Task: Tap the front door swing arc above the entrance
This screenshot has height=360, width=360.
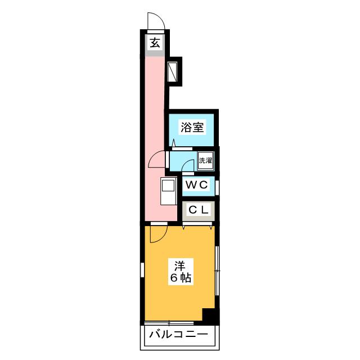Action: point(155,20)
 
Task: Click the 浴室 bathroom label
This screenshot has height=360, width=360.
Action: point(192,127)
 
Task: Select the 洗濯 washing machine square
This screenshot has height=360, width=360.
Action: point(206,160)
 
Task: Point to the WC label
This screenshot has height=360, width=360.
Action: point(197,184)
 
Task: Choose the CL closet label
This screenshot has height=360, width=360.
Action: point(199,210)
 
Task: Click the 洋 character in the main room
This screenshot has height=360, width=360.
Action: point(179,265)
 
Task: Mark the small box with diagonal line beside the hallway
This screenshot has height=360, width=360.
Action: point(174,71)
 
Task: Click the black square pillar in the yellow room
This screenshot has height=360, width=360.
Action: point(209,316)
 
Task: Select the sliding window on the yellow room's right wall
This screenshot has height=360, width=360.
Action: point(218,270)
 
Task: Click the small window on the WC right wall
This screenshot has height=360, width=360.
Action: point(218,184)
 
